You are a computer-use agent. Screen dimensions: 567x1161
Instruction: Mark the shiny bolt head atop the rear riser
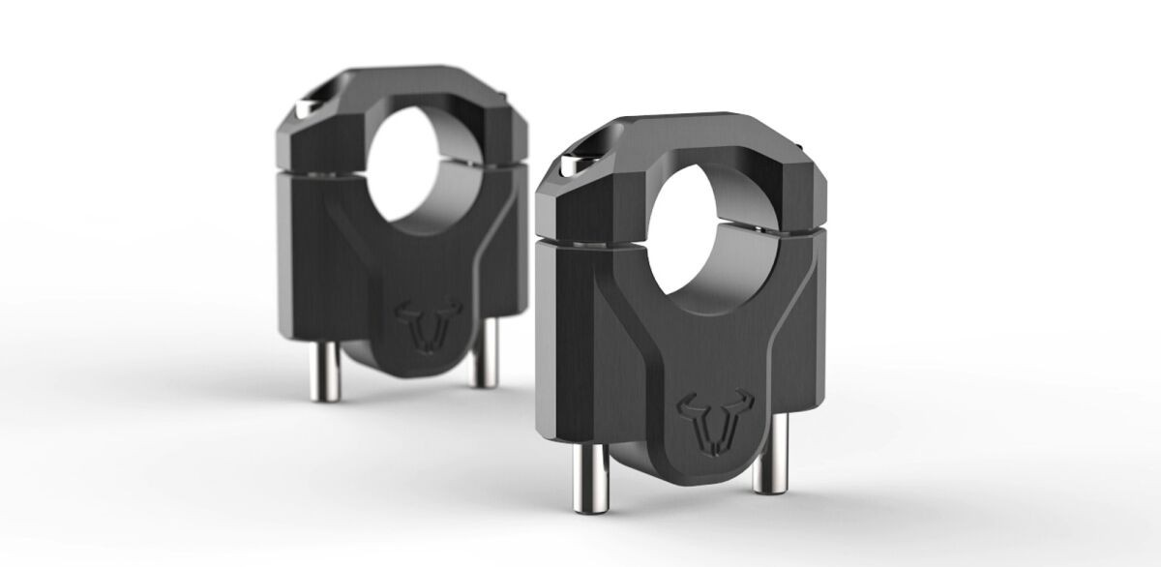click(304, 106)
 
